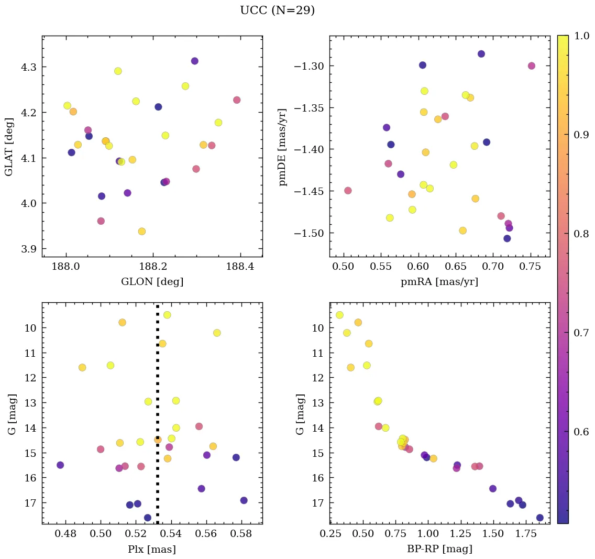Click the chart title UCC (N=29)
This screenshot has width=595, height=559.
coord(277,10)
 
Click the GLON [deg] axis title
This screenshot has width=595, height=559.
coord(152,282)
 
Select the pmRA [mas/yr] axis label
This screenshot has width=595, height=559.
coord(439,282)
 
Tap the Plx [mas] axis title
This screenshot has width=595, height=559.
coord(152,549)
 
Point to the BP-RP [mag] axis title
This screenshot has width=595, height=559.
coord(439,549)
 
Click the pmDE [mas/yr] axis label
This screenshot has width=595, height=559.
coord(283,147)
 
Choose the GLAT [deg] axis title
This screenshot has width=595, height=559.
coord(9,147)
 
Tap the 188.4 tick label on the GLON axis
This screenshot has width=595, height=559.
coord(240,267)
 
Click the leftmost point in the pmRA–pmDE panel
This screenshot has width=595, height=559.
coord(348,191)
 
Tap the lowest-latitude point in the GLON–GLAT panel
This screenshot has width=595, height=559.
coord(141,232)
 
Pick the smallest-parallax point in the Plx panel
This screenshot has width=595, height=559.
coord(60,465)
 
